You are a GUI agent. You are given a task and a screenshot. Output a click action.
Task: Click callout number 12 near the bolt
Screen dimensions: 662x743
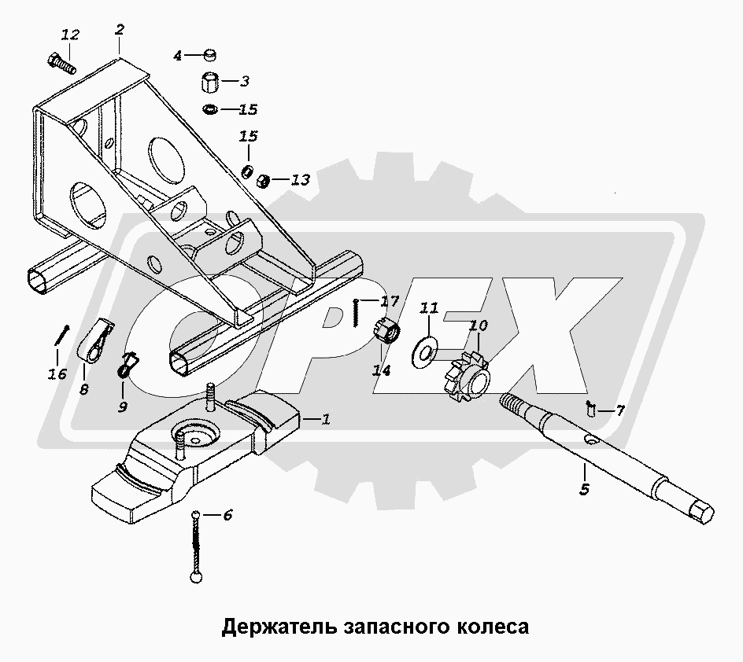pos(71,35)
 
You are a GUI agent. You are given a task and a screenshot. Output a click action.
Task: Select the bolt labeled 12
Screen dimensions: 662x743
pos(62,62)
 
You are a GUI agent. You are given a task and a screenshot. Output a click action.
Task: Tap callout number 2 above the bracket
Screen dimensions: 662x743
pos(120,30)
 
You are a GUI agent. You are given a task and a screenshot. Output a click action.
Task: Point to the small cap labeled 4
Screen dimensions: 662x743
pos(209,55)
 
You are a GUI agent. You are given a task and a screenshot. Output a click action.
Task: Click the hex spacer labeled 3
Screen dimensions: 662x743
pos(211,81)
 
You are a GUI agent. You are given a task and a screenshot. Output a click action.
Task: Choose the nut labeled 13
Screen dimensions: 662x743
pos(265,181)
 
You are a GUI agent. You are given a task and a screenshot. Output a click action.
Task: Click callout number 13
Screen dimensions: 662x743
pos(299,180)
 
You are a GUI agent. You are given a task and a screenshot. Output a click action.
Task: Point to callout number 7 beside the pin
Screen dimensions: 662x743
pos(620,410)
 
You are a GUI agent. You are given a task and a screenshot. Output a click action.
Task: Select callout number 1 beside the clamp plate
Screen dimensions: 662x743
pos(326,421)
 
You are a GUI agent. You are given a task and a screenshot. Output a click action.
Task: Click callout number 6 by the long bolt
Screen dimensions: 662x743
pos(227,516)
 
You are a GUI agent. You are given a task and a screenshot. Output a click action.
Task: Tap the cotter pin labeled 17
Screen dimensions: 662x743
pos(357,314)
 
